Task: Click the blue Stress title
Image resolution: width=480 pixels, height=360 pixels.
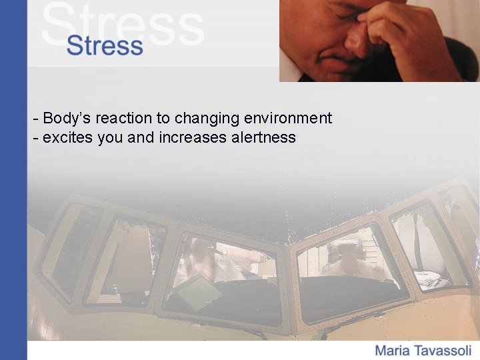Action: [105, 46]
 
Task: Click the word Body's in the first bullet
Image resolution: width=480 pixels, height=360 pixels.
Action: [67, 119]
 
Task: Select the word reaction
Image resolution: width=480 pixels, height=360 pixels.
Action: [124, 119]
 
